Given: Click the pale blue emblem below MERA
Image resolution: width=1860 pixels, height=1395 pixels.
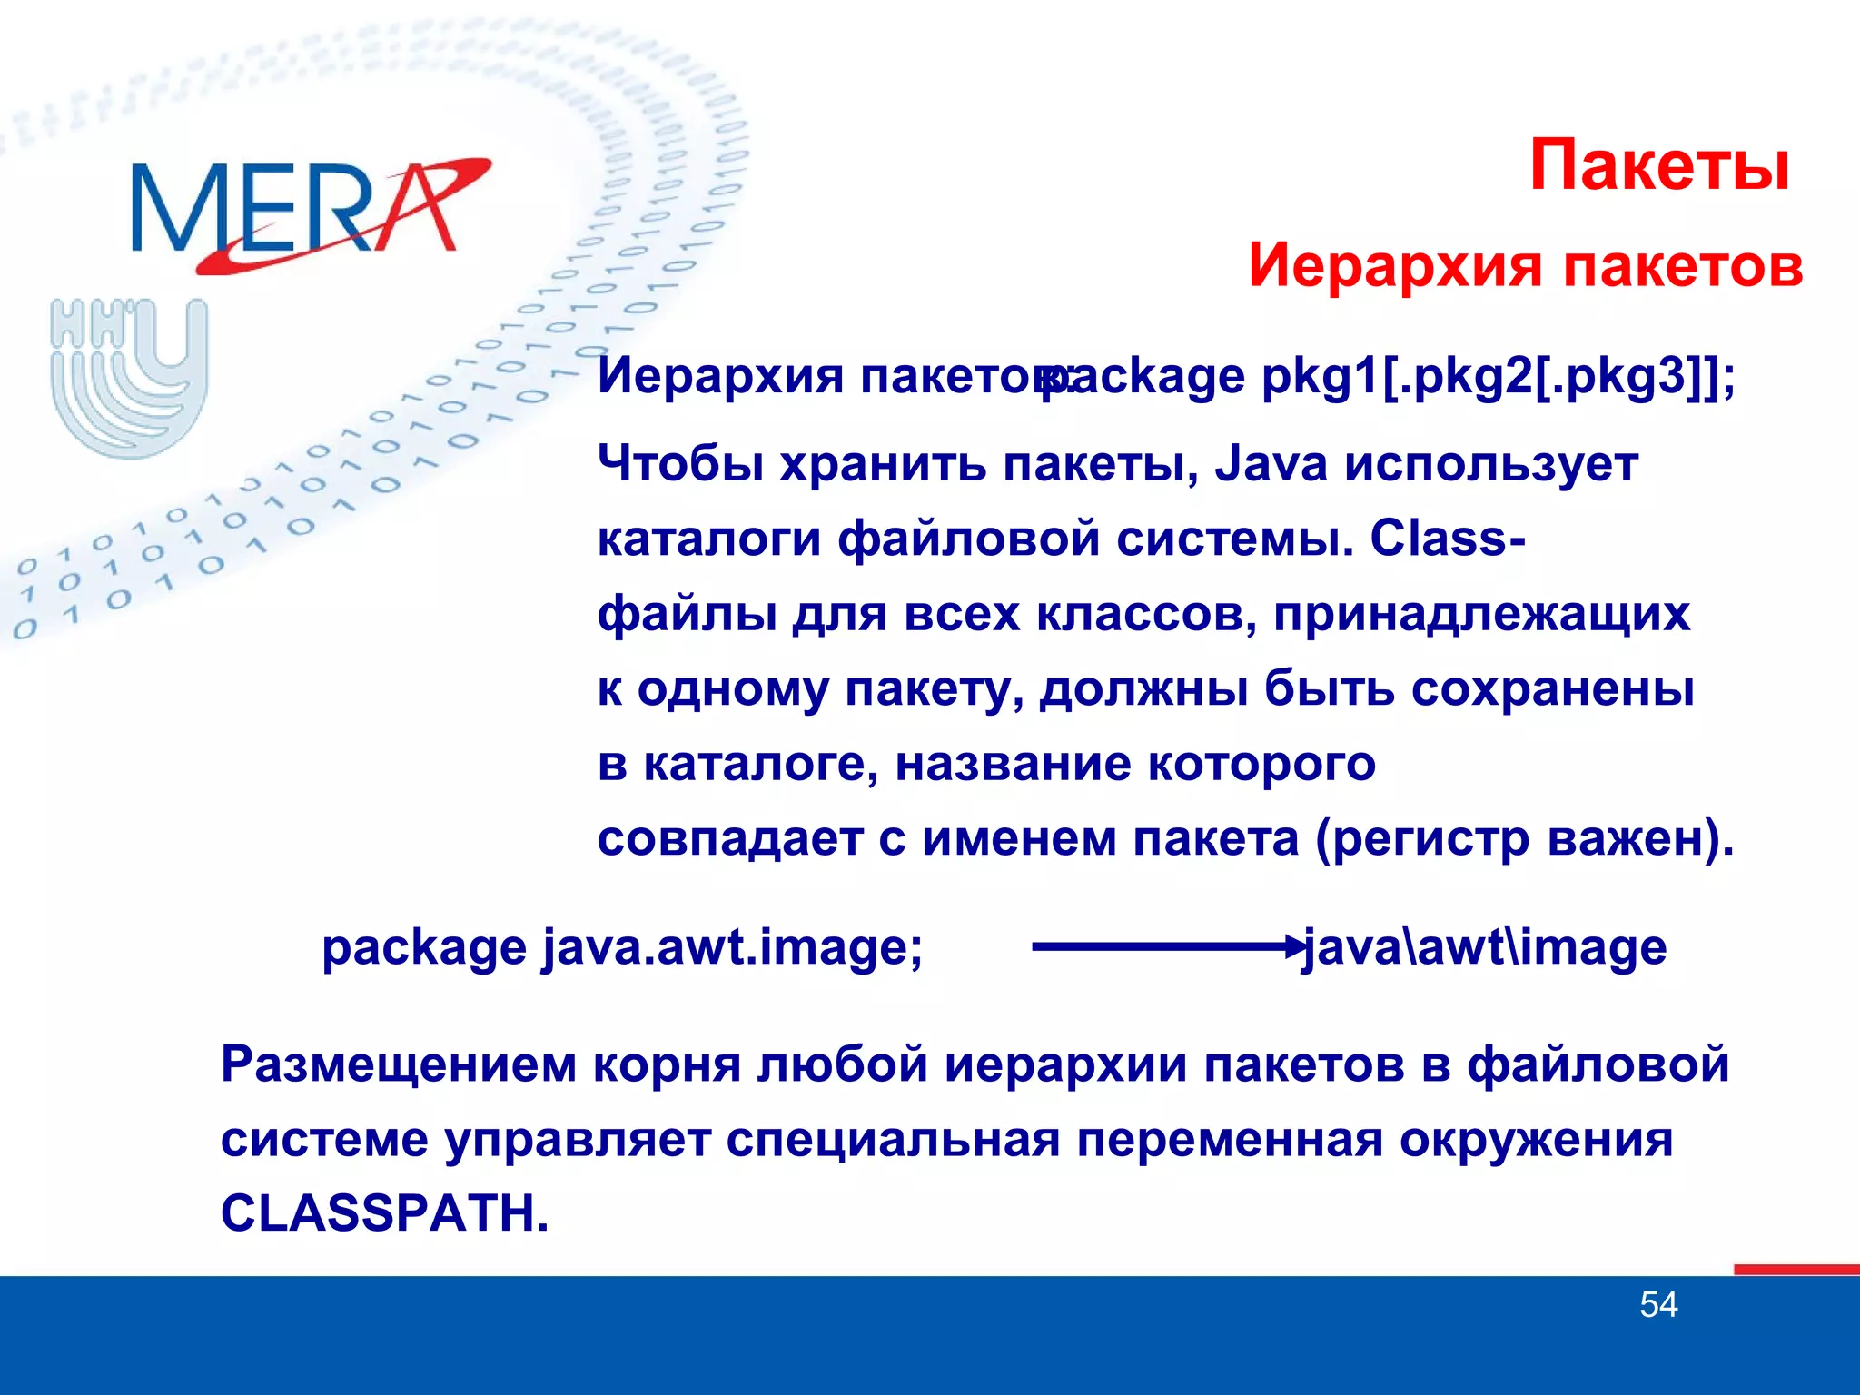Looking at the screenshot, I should click(129, 377).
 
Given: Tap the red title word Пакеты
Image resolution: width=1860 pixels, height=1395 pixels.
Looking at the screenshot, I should click(1659, 166).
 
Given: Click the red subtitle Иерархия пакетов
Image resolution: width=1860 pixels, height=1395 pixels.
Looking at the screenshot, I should click(1525, 266).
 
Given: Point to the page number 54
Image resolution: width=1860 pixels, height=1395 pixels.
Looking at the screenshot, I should click(1658, 1305).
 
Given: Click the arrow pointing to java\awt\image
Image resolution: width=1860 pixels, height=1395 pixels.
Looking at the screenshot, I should click(1167, 947).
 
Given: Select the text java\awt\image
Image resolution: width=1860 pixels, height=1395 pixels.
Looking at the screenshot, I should click(1484, 947).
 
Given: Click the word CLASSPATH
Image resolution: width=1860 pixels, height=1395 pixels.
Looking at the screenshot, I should click(384, 1213).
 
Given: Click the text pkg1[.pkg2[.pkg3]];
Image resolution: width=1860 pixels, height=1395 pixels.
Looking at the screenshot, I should click(1499, 376).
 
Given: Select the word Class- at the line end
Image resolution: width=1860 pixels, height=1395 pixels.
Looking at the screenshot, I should click(1448, 539).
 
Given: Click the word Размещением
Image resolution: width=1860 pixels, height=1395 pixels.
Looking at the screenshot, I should click(399, 1064).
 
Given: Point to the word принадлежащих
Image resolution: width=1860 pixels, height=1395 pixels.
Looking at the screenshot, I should click(1481, 615).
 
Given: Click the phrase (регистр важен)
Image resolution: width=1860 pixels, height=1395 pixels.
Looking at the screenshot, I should click(1525, 839).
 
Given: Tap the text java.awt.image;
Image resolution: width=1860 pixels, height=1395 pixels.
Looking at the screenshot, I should click(732, 947).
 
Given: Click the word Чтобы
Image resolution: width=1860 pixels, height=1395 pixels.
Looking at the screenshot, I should click(680, 465).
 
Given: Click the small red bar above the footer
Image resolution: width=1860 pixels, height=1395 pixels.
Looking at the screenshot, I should click(1796, 1270).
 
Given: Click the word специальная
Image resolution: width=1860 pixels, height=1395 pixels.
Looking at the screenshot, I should click(893, 1140).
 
